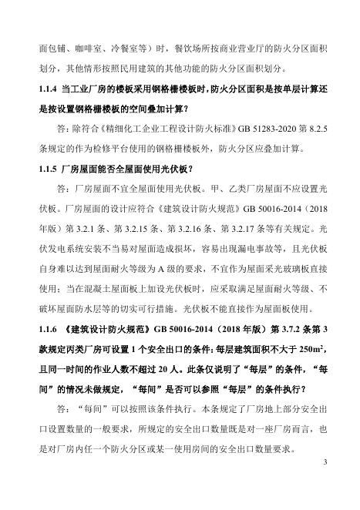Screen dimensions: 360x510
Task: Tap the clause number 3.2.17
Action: [274, 228]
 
